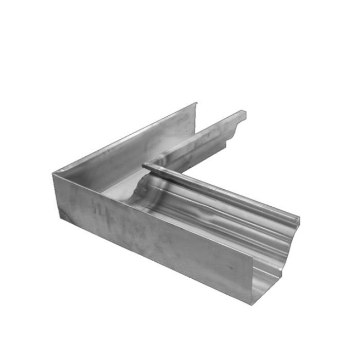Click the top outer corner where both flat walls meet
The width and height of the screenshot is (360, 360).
coord(53,172)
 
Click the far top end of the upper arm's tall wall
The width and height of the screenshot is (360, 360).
coord(196,104)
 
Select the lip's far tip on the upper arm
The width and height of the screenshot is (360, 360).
coord(243,113)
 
